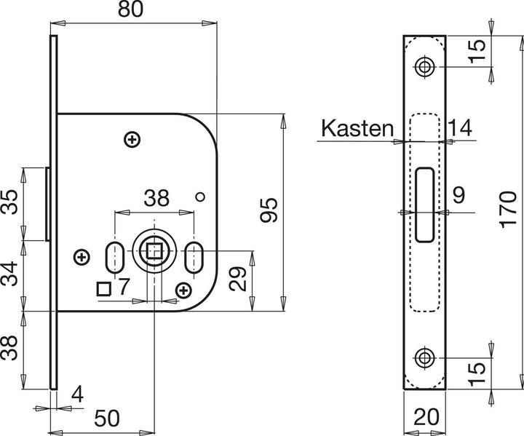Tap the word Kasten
[356, 129]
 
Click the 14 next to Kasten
[460, 129]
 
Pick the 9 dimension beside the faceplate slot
[458, 195]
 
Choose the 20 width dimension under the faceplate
[427, 418]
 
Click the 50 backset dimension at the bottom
[105, 419]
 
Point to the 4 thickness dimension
[78, 395]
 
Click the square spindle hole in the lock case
[155, 252]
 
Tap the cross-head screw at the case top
[132, 139]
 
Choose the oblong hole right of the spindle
[195, 258]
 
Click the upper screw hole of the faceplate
[424, 68]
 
